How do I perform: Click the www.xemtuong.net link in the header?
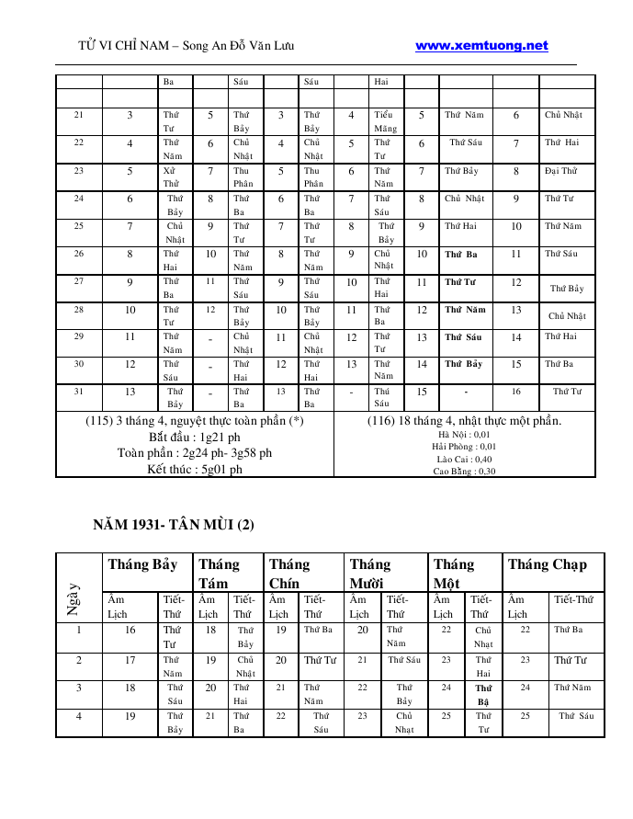click(x=481, y=46)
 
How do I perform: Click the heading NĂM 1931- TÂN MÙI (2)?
click(x=174, y=525)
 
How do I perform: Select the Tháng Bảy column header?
click(x=142, y=564)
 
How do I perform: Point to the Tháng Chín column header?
click(x=289, y=574)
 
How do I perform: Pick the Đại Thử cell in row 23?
click(x=560, y=171)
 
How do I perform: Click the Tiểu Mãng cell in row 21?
click(x=385, y=122)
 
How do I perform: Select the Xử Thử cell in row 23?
click(x=171, y=176)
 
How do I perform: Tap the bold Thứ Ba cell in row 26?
click(x=460, y=254)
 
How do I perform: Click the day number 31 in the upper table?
click(x=79, y=392)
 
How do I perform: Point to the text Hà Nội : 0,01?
click(x=464, y=435)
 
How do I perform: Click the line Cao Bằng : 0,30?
click(x=464, y=472)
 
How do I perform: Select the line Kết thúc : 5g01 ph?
click(x=195, y=469)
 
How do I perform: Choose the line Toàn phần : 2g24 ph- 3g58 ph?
click(x=195, y=453)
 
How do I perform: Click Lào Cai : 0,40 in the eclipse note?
click(x=464, y=460)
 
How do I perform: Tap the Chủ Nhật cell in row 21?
click(x=563, y=116)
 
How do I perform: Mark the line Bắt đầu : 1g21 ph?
click(x=195, y=437)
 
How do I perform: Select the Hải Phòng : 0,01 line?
click(x=464, y=447)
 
